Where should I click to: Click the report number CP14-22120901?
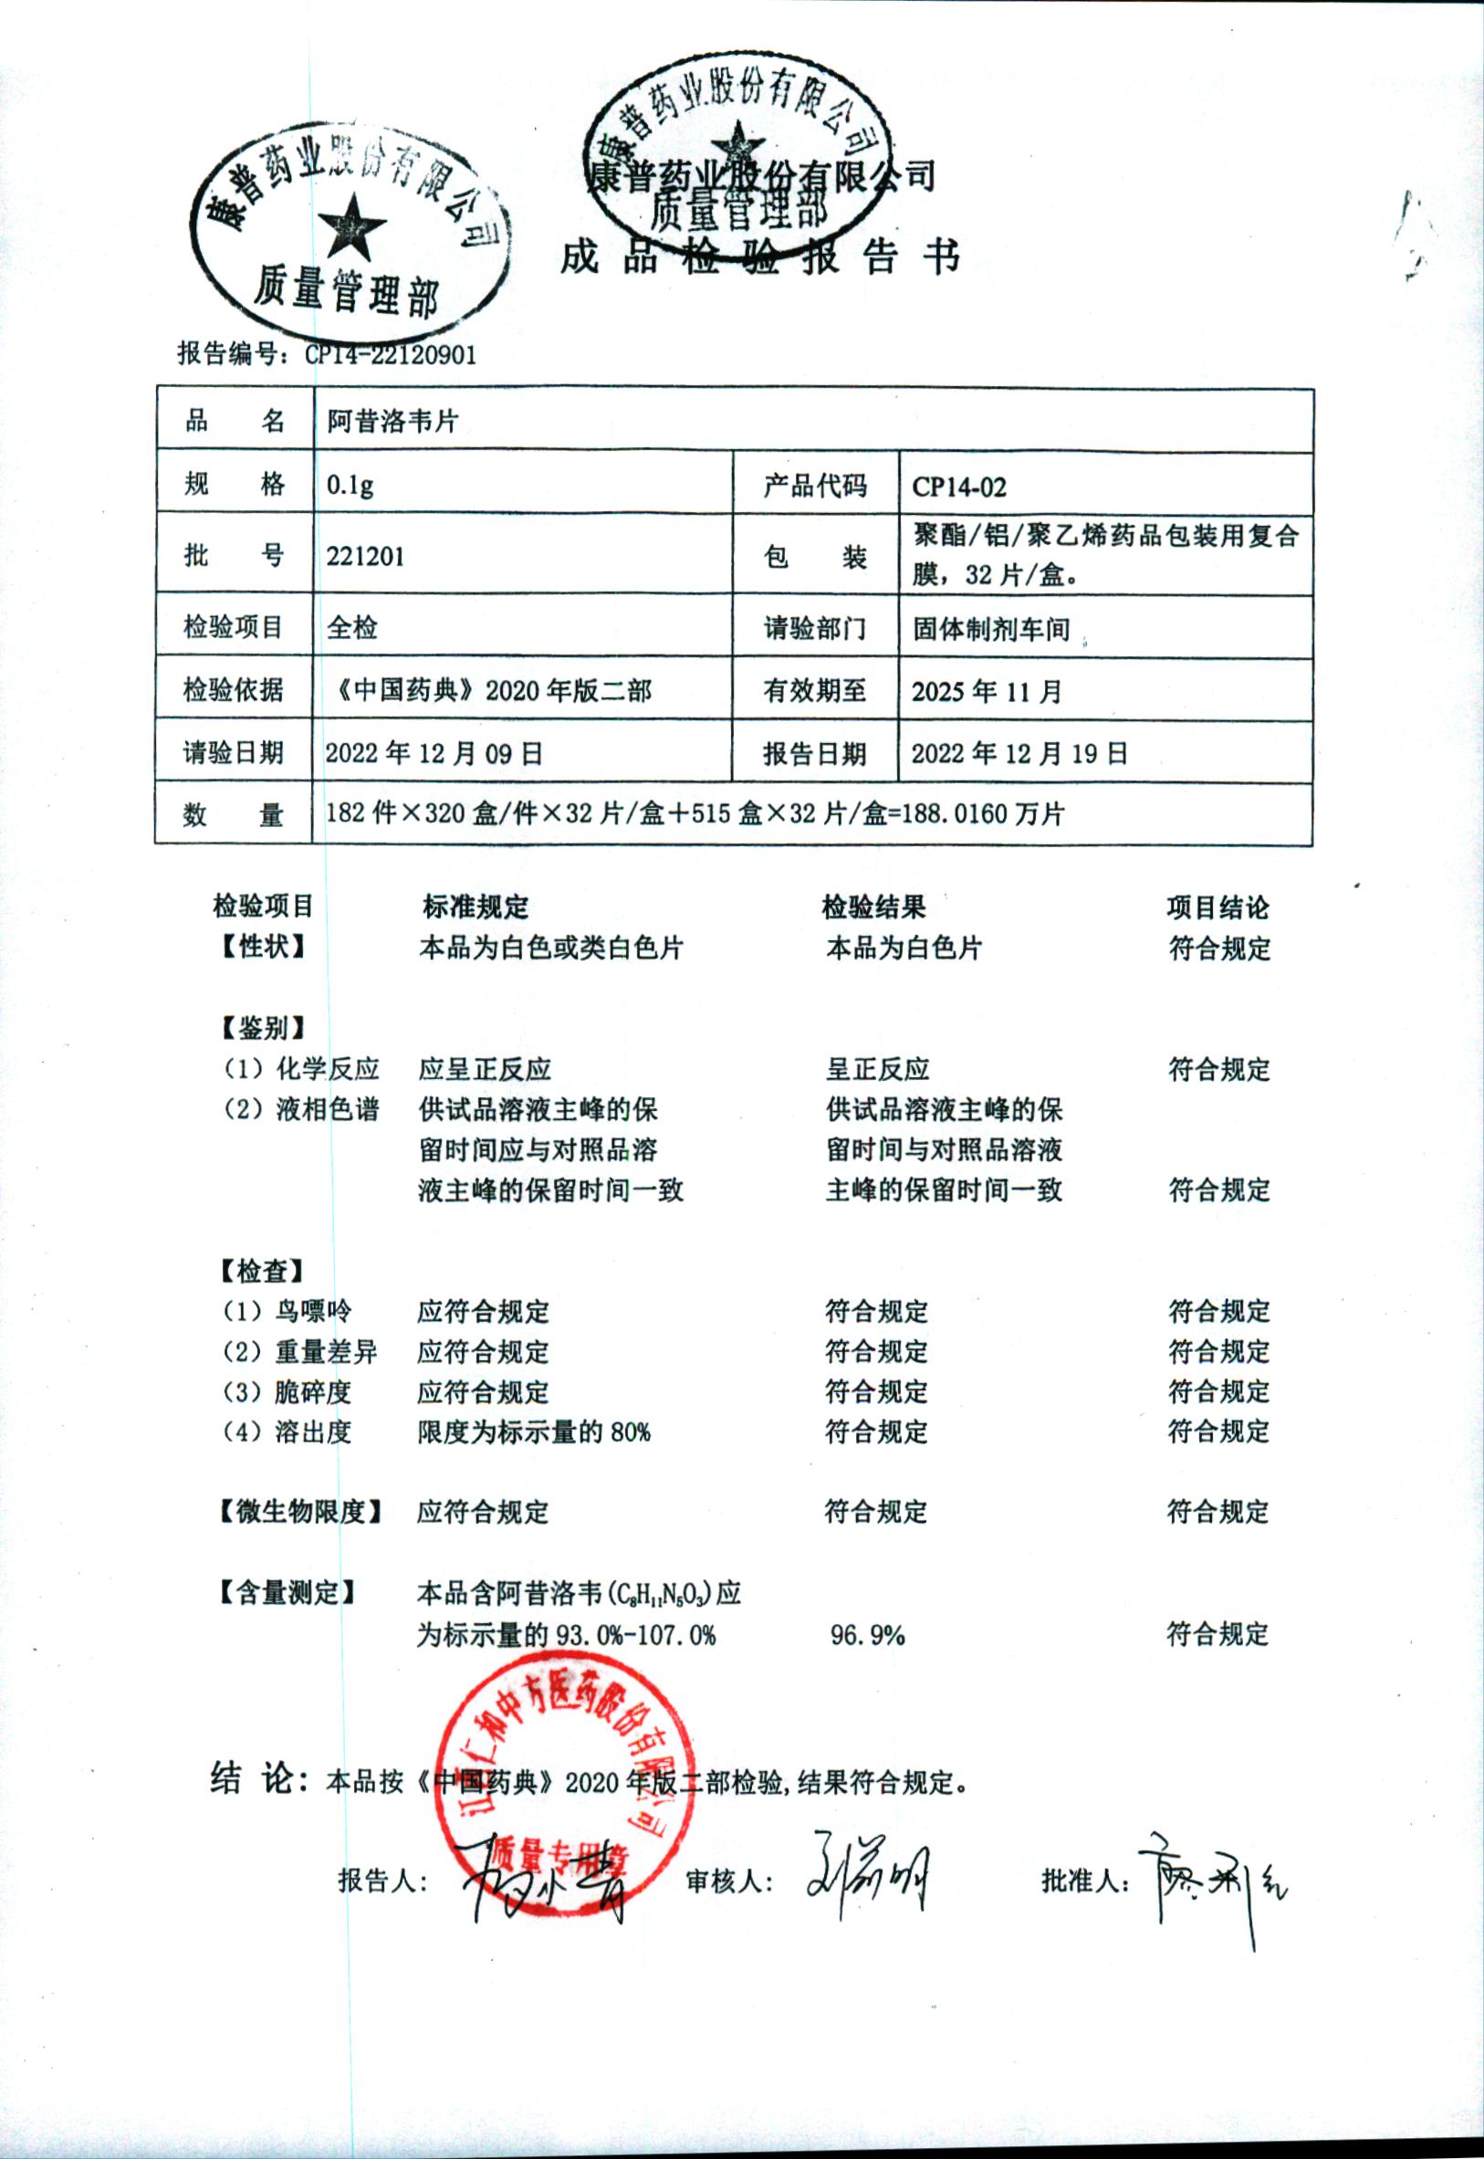pyautogui.click(x=391, y=354)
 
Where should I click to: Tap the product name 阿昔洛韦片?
pyautogui.click(x=392, y=421)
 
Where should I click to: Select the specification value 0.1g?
pyautogui.click(x=350, y=486)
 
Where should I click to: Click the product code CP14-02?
pyautogui.click(x=958, y=487)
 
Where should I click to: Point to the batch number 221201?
pyautogui.click(x=364, y=556)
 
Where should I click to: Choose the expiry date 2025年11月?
pyautogui.click(x=986, y=691)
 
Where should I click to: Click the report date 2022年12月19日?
pyautogui.click(x=1019, y=753)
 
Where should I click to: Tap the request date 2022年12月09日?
pyautogui.click(x=434, y=753)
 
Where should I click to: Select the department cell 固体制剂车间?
pyautogui.click(x=991, y=630)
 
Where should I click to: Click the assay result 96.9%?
pyautogui.click(x=867, y=1635)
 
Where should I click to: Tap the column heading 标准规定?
pyautogui.click(x=476, y=907)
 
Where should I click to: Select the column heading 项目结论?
pyautogui.click(x=1218, y=907)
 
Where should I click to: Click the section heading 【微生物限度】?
pyautogui.click(x=300, y=1512)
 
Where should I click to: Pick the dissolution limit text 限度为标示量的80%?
pyautogui.click(x=533, y=1432)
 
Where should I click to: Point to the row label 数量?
pyautogui.click(x=233, y=815)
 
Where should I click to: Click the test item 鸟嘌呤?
pyautogui.click(x=312, y=1311)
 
